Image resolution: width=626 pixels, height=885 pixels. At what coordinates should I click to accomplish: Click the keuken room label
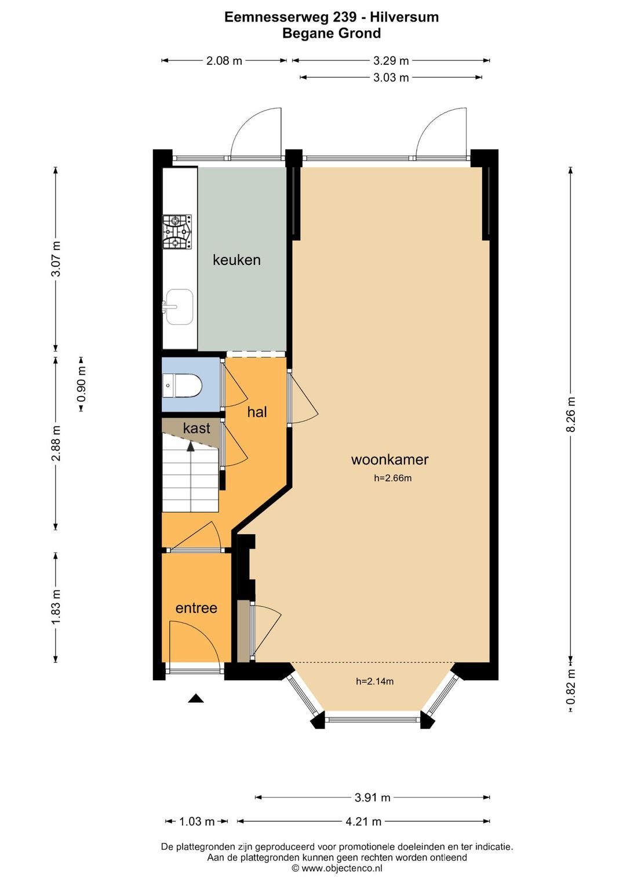pos(236,260)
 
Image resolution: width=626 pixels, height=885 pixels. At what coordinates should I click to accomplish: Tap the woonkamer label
pos(390,459)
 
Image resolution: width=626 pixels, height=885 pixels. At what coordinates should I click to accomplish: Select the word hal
pos(257,412)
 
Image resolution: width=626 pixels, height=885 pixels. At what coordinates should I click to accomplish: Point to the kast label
pos(196,428)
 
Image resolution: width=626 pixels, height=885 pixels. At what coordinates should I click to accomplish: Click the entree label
pos(196,608)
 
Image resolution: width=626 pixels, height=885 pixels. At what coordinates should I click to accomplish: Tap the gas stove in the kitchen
pos(177,232)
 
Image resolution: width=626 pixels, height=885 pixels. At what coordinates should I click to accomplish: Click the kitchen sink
pos(179,307)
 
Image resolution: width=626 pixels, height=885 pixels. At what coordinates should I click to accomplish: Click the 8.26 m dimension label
pos(570,415)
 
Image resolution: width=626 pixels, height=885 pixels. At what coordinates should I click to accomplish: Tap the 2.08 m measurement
pos(224,61)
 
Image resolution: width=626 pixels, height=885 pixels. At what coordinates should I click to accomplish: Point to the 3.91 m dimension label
pos(373,797)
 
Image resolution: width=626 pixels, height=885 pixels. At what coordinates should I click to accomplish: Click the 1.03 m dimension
pos(196,822)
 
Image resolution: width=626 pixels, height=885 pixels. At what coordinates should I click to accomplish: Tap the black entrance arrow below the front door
pos(196,698)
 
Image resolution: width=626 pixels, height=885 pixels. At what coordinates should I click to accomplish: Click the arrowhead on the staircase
pos(191,446)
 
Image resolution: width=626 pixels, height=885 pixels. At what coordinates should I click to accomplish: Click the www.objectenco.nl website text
pos(342,868)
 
